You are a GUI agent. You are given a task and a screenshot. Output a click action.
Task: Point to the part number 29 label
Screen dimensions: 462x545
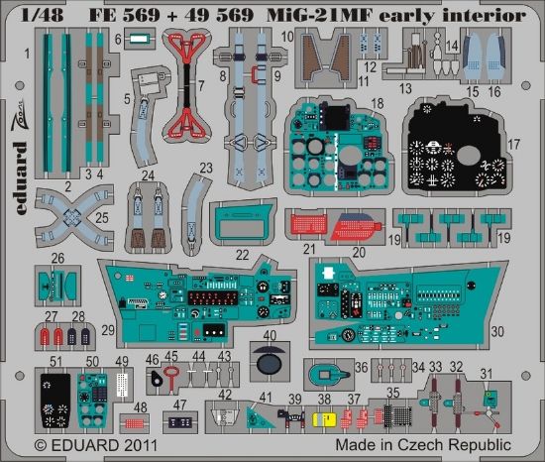coord(107,328)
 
